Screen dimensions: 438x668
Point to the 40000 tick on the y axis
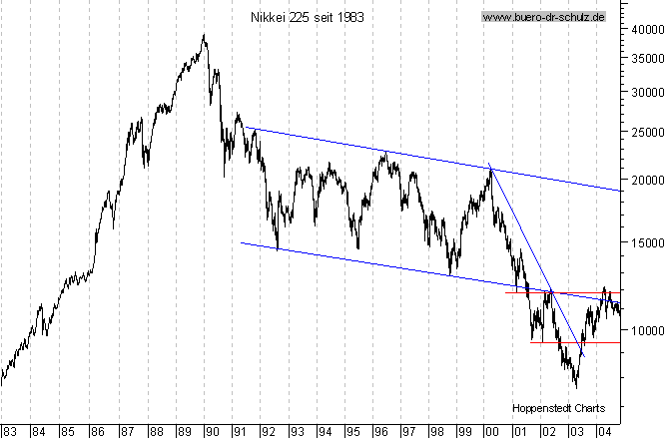click(x=645, y=29)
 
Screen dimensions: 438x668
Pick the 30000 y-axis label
click(x=645, y=91)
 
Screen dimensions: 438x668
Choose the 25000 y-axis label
click(x=645, y=131)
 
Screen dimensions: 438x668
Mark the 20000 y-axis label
click(x=645, y=180)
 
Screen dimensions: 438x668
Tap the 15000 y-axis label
click(x=645, y=241)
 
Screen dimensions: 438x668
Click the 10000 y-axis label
click(x=645, y=329)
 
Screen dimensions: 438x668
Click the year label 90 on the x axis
click(x=212, y=431)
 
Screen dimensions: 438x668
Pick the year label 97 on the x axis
click(x=409, y=431)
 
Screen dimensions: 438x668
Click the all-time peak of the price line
click(x=204, y=36)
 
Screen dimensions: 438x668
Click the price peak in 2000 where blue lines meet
click(x=490, y=168)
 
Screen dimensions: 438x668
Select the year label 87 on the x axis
click(x=126, y=431)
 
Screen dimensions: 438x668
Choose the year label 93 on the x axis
click(x=297, y=431)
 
